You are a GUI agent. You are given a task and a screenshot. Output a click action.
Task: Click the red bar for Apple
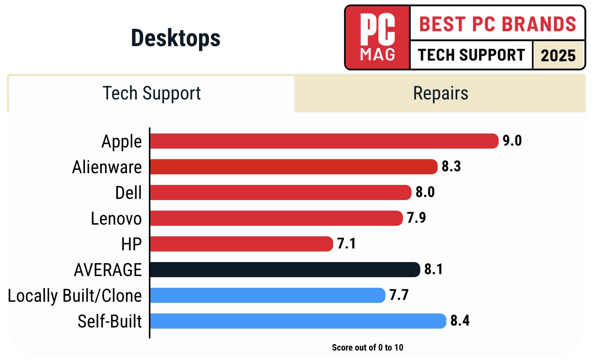324,141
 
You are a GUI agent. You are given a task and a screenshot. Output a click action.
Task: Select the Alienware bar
294,167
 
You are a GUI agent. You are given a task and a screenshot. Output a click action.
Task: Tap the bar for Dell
280,192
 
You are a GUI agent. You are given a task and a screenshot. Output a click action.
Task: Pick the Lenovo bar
276,218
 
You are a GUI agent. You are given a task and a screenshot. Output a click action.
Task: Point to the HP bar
241,244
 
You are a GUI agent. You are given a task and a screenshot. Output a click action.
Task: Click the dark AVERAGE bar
285,270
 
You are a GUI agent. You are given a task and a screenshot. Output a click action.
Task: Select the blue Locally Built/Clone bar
268,295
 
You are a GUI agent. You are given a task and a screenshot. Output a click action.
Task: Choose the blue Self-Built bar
298,321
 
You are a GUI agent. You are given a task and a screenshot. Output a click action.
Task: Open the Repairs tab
440,93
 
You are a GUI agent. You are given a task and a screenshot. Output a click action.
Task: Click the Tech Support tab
152,93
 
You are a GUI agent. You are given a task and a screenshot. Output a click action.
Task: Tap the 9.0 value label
512,141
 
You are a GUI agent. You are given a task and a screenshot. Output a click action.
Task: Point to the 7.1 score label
346,244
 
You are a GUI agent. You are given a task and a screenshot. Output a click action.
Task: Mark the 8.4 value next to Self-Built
460,321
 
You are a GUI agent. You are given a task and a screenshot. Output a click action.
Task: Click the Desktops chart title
175,38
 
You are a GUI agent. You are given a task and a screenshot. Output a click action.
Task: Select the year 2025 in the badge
558,56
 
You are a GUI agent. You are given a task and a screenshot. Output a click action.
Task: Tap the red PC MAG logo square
377,37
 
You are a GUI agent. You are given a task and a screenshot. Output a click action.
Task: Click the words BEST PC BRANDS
498,24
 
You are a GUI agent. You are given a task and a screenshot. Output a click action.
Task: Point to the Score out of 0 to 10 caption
367,348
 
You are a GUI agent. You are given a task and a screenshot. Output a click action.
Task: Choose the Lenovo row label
116,219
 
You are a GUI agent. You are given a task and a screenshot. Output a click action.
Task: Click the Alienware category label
107,167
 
